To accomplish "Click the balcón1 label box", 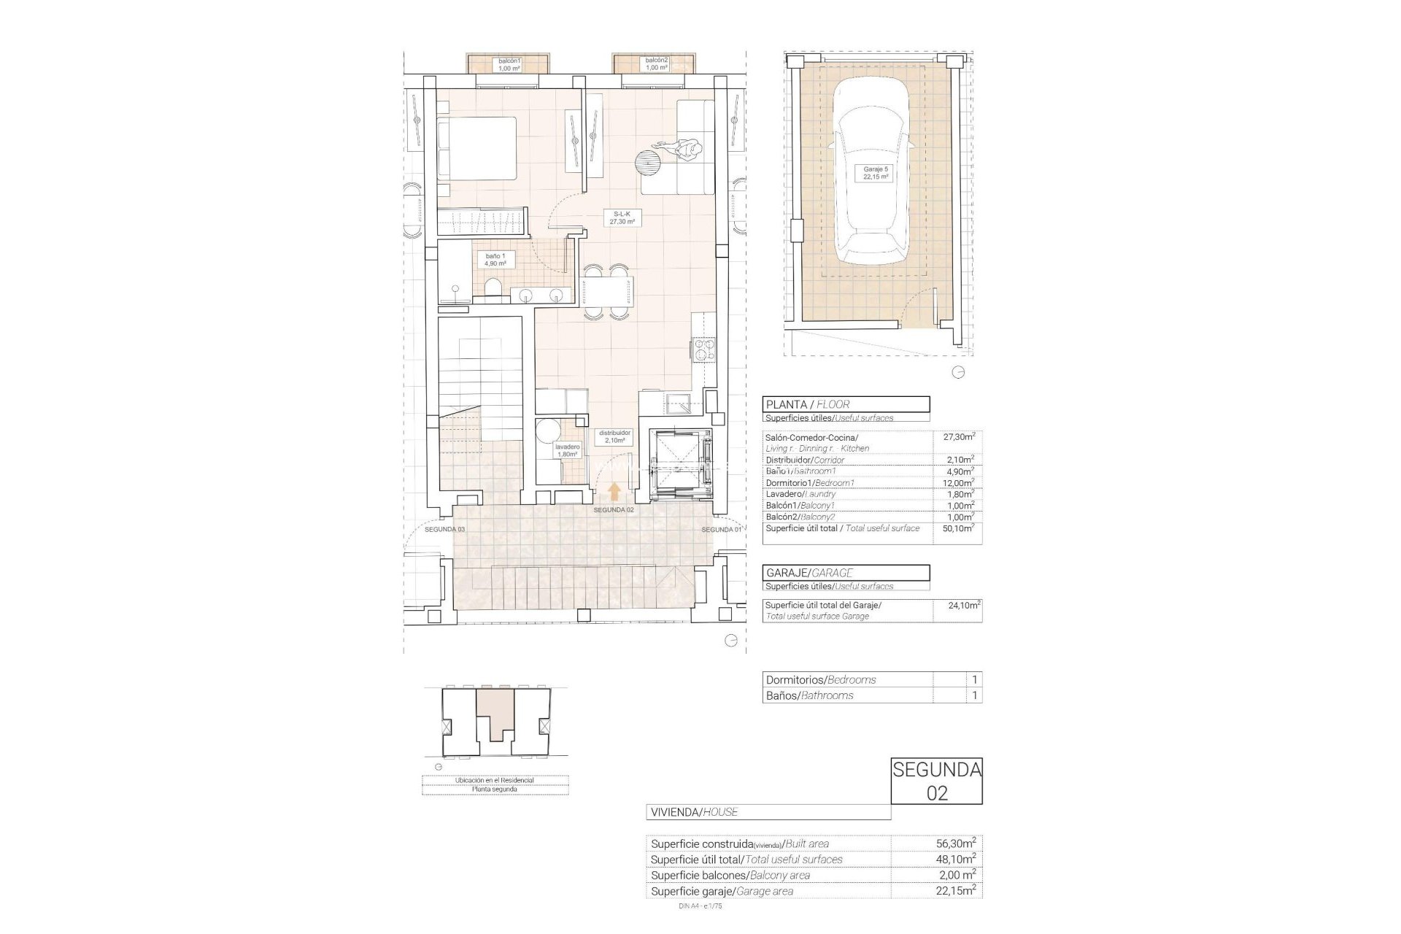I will pos(509,64).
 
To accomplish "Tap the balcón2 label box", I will pos(656,64).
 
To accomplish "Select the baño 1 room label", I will pos(495,259).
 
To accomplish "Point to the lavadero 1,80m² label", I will pos(567,450).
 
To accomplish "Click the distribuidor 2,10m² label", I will pos(614,436).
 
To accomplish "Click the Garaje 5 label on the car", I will pos(876,173).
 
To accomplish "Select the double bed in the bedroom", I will pos(477,155).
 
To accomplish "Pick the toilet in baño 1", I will pos(494,287).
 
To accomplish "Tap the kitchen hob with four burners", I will pos(704,350).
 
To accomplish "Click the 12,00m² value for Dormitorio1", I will pos(957,483).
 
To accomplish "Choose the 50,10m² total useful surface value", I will pos(957,528).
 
